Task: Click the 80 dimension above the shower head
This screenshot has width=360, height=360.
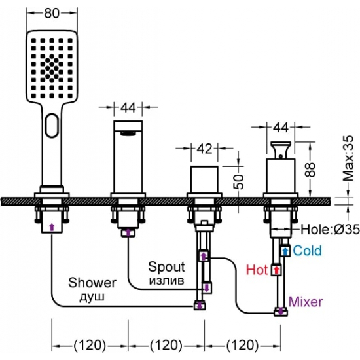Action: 52,13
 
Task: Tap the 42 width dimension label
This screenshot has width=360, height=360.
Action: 205,149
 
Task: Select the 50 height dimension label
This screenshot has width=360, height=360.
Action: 238,181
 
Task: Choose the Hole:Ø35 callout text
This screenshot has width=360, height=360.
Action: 330,229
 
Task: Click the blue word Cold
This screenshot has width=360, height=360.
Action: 308,250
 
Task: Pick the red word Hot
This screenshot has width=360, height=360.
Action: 257,270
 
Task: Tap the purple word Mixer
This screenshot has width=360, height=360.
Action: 306,302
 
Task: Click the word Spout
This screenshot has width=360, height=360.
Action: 166,268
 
